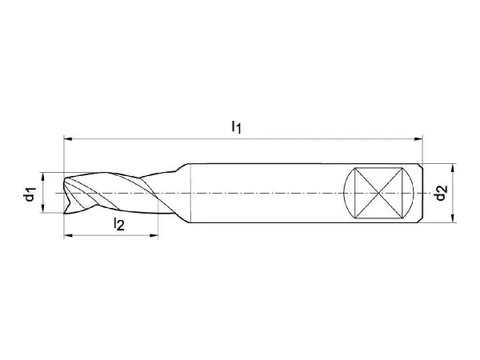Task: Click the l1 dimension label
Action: (236, 126)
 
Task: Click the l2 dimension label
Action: (119, 223)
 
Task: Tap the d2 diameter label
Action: (441, 193)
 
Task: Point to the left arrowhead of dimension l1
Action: (68, 139)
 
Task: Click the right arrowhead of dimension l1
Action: (418, 139)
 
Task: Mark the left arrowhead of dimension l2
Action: (68, 235)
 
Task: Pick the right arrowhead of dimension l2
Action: (154, 235)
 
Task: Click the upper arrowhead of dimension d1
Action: (43, 177)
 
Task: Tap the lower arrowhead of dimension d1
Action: (43, 208)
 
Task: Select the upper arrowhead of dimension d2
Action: (453, 168)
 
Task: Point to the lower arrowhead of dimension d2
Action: (453, 218)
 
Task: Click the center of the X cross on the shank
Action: (379, 193)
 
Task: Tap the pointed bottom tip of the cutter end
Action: (64, 214)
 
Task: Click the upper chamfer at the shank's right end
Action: (421, 166)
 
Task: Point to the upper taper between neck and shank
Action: (182, 167)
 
